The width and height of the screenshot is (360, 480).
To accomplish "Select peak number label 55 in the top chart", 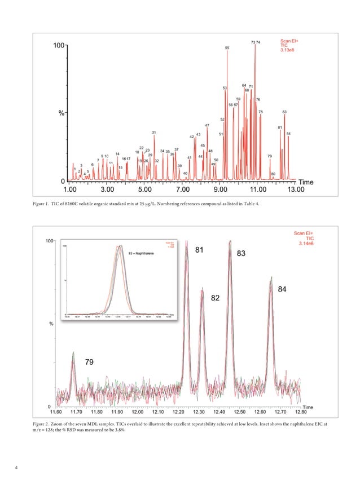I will [x=227, y=49].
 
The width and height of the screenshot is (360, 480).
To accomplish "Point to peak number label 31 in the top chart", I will [x=153, y=133].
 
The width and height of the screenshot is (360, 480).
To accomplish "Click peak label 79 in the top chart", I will [x=270, y=156].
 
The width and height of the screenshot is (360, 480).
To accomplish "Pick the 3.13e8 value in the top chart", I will [x=289, y=50].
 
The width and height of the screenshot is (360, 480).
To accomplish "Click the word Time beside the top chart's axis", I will [x=305, y=182].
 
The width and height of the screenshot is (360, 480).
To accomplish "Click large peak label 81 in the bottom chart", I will [x=200, y=250].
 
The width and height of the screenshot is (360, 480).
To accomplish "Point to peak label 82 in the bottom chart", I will [x=215, y=297].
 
